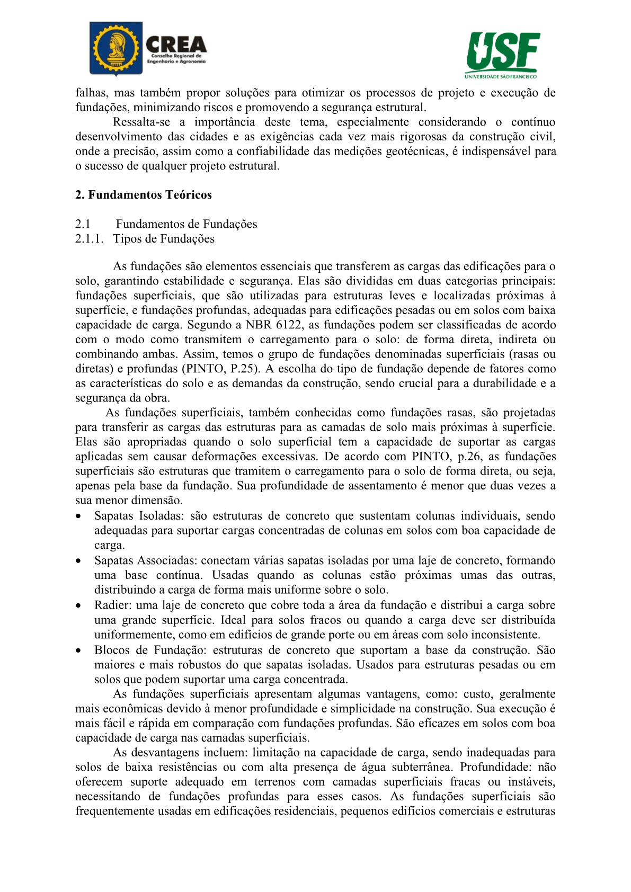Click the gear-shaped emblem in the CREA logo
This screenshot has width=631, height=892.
click(x=115, y=49)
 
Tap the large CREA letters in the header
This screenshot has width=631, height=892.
click(x=176, y=43)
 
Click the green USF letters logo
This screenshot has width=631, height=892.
click(x=502, y=51)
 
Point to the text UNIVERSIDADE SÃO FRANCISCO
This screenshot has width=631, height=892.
click(x=501, y=76)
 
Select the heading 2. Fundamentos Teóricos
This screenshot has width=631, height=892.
click(x=144, y=195)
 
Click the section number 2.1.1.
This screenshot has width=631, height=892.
click(x=89, y=239)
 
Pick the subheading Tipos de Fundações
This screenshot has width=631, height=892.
click(x=164, y=239)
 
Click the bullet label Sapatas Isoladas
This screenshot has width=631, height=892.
click(x=139, y=516)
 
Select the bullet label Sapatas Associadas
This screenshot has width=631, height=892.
click(x=145, y=561)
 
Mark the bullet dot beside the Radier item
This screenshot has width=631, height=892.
click(x=78, y=606)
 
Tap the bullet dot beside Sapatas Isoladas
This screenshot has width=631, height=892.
click(x=78, y=516)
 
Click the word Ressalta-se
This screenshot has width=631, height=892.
click(x=141, y=122)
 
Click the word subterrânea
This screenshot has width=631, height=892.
click(x=422, y=768)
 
